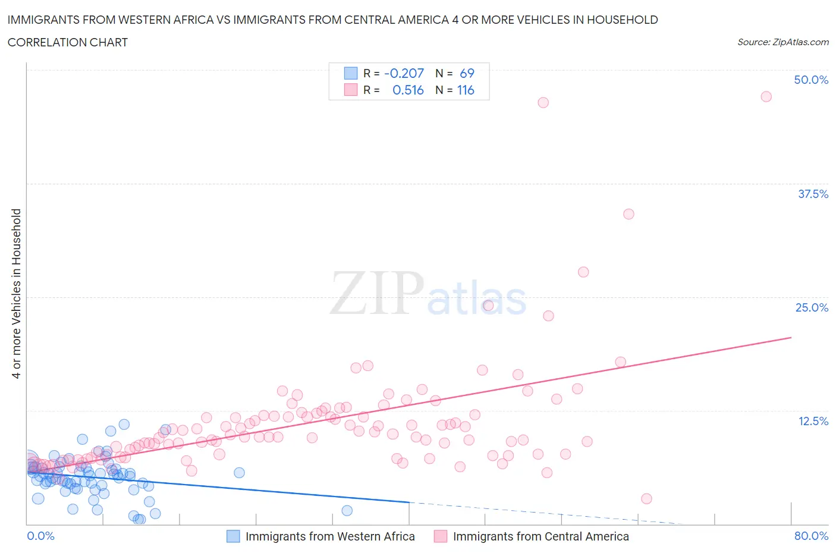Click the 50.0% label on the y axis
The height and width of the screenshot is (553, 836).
pos(811,80)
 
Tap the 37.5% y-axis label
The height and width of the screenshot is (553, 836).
pos(813,194)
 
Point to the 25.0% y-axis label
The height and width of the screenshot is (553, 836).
pos(812,307)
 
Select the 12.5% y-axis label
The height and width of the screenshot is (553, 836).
pos(813,421)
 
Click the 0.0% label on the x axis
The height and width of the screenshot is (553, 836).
pos(40,536)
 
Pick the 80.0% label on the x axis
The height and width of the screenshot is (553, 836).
pos(811,536)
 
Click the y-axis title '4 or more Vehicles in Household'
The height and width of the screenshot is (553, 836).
pos(17,293)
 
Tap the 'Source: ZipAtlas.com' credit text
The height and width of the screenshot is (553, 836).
pos(782,42)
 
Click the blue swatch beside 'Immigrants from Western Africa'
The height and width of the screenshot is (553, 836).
pos(233,536)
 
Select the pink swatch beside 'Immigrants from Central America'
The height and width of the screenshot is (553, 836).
pos(441,536)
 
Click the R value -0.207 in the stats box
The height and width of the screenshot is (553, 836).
pos(404,73)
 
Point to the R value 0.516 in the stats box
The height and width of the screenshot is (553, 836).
pos(408,90)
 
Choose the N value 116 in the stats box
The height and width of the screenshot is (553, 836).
pos(466,90)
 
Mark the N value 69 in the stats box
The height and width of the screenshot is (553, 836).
pos(467,73)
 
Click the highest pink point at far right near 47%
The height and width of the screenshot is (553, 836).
pos(766,96)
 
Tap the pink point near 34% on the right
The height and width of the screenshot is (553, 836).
pos(628,214)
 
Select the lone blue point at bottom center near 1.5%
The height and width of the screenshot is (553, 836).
pos(347,510)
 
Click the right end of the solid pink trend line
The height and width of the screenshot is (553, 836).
pos(791,338)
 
